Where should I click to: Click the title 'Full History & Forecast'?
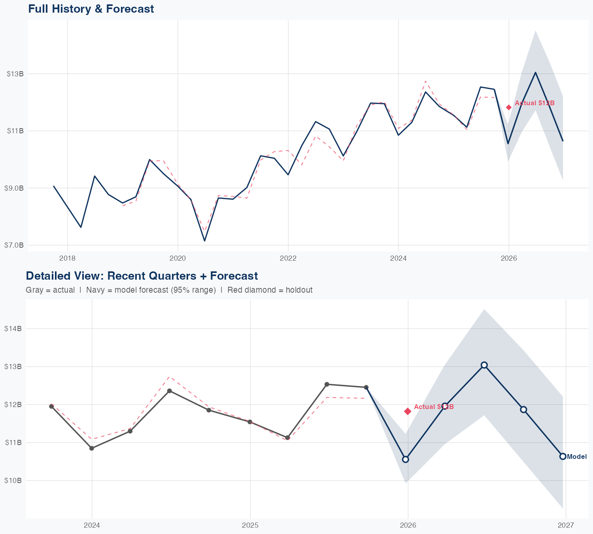(x=91, y=9)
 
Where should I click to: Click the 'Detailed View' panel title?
(x=142, y=276)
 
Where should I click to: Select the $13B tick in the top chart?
(x=15, y=74)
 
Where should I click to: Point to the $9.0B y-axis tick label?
(x=14, y=188)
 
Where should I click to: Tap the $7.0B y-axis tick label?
(x=14, y=245)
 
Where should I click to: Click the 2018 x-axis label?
(x=67, y=259)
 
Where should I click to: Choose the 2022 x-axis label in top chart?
(x=288, y=259)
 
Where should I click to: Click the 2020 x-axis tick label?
(x=178, y=259)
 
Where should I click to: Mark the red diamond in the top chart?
(x=509, y=107)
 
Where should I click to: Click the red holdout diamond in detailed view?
(x=408, y=411)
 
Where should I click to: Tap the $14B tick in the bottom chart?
(x=13, y=328)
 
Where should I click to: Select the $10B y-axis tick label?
(x=13, y=480)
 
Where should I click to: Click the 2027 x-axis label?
(x=566, y=525)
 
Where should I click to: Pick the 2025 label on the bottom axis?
(x=250, y=525)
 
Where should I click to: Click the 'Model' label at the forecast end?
(x=577, y=457)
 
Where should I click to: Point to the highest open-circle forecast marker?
(x=484, y=365)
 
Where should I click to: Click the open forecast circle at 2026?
(x=405, y=459)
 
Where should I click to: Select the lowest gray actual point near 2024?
(x=92, y=448)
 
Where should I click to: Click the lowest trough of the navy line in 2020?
(x=204, y=240)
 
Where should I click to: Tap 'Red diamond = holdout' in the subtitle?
(x=270, y=290)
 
